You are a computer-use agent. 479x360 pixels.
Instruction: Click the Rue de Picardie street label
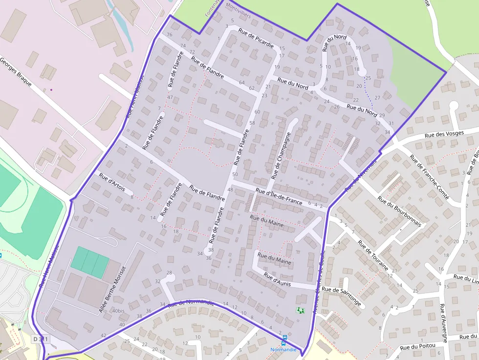tap(256, 38)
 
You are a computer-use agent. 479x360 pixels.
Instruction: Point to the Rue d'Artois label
tap(112, 182)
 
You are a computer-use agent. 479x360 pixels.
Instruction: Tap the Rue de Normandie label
tap(191, 303)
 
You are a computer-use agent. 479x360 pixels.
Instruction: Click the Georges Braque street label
tap(16, 72)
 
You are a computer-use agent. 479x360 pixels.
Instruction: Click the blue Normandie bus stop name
tap(283, 350)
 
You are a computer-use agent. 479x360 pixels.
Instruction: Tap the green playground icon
tap(300, 310)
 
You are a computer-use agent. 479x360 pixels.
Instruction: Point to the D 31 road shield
tap(41, 339)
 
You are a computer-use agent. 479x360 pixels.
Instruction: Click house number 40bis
tap(118, 311)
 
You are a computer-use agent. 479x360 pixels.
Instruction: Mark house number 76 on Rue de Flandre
tap(170, 35)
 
